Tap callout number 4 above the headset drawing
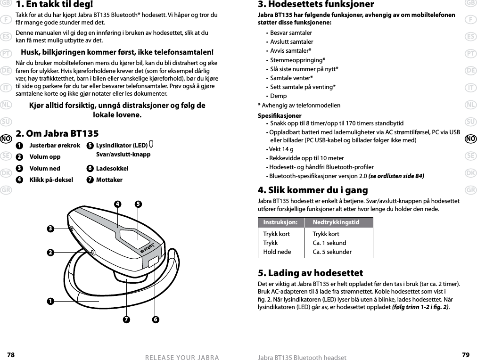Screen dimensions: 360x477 click(x=118, y=205)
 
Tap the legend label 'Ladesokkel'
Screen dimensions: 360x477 click(x=112, y=168)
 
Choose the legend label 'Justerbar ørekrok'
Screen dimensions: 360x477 click(x=55, y=146)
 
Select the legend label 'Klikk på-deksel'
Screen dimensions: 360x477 click(x=51, y=180)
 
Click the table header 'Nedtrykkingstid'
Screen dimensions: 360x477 click(x=336, y=222)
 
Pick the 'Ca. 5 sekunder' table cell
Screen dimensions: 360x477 click(x=332, y=252)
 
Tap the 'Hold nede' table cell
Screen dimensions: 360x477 click(x=277, y=252)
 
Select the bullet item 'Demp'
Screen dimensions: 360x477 click(x=278, y=96)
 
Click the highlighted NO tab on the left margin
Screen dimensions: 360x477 click(x=6, y=139)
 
